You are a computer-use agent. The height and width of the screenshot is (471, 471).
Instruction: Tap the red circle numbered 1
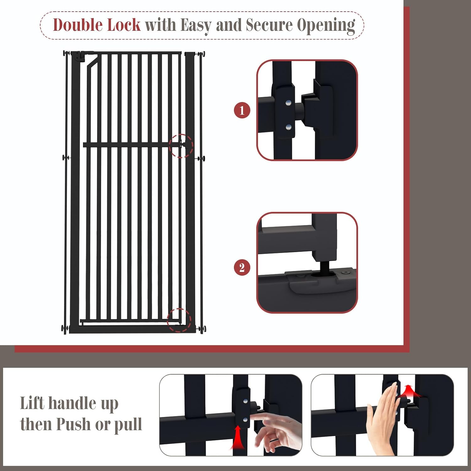point(242,110)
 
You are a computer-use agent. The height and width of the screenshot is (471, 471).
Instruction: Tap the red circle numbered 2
point(242,268)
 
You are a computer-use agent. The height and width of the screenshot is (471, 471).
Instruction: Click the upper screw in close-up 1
point(288,102)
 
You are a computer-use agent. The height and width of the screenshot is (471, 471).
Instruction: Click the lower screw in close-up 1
point(288,127)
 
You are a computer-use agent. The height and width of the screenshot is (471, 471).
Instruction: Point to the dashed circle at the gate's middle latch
point(181,146)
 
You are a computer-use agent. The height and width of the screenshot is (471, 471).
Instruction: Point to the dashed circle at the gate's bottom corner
point(179,320)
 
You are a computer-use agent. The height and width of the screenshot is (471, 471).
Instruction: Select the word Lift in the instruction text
point(32,403)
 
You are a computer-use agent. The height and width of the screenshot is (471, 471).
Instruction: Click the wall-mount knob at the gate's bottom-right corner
point(201,329)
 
